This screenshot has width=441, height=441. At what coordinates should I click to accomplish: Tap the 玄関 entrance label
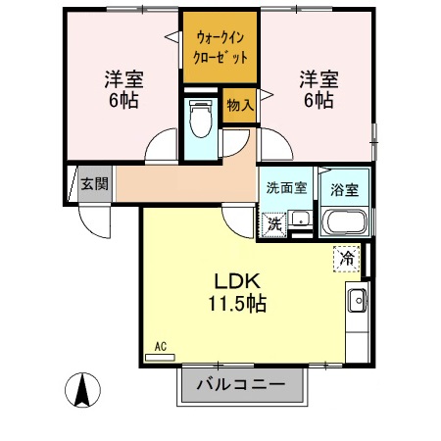pyautogui.click(x=95, y=183)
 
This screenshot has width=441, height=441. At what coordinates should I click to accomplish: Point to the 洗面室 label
pyautogui.click(x=284, y=186)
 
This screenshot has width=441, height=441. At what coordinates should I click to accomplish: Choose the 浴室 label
pyautogui.click(x=344, y=187)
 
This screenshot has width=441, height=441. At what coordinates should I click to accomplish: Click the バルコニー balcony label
pyautogui.click(x=240, y=384)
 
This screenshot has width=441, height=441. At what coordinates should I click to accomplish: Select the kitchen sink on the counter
pyautogui.click(x=357, y=300)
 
